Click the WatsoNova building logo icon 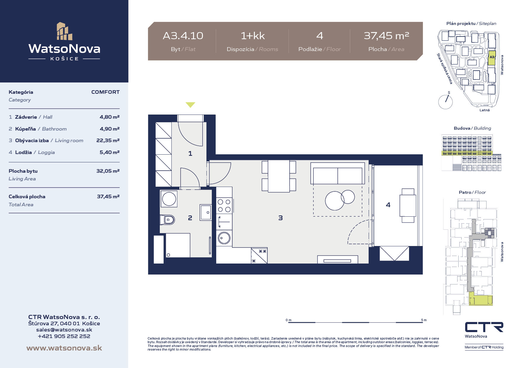click(x=64, y=31)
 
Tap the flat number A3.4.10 click(x=183, y=36)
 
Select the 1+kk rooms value click(x=252, y=36)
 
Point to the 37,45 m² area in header click(x=386, y=36)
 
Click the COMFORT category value click(x=105, y=92)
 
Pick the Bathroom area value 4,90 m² click(x=110, y=129)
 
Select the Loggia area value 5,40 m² click(x=110, y=152)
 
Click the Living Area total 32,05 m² click(x=108, y=171)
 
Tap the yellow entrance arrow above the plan click(x=190, y=104)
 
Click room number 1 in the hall click(x=190, y=153)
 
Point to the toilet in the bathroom click(x=167, y=220)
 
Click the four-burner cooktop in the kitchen click(x=224, y=205)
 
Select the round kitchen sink click(x=224, y=238)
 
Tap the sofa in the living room click(x=337, y=173)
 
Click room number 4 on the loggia click(x=388, y=205)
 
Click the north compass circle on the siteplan click(x=446, y=102)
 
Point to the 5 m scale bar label click(x=424, y=320)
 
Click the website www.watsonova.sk click(x=64, y=348)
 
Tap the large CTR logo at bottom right click(x=484, y=327)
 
